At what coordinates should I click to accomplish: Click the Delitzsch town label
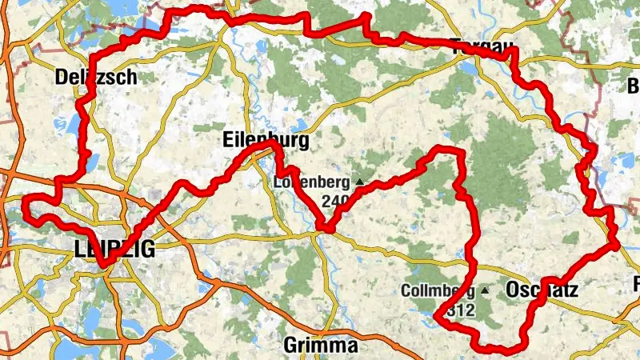click(97, 77)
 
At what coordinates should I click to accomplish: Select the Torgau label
click(480, 46)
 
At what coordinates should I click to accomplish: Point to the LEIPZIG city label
click(114, 249)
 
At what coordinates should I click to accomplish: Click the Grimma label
click(321, 346)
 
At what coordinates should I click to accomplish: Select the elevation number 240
click(334, 201)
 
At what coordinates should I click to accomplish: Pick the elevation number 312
click(462, 310)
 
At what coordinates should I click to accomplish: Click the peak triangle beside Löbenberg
click(358, 182)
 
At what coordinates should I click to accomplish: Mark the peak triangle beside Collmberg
click(484, 290)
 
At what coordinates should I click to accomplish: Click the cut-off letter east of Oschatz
click(636, 284)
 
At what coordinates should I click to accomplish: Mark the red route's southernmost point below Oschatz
click(496, 349)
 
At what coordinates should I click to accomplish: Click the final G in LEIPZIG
click(146, 249)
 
